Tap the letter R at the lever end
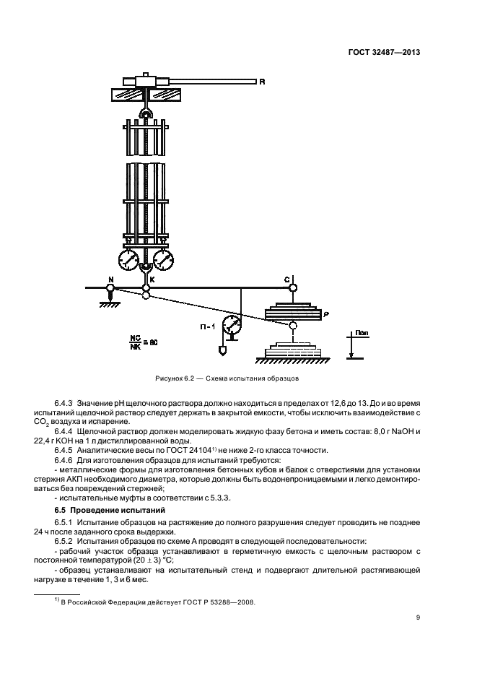point(262,82)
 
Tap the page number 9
point(418,617)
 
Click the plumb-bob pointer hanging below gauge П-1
point(223,350)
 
